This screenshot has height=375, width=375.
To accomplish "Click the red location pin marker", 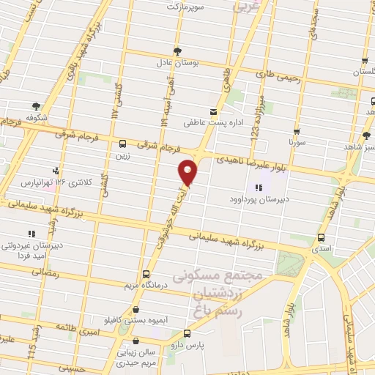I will tap(188, 171).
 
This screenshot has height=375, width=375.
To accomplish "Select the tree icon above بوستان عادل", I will tap(177, 51).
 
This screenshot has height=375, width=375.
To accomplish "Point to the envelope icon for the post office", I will tap(214, 112).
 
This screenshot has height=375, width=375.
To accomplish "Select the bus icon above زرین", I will tap(122, 144).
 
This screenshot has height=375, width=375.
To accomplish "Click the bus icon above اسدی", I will tap(321, 237).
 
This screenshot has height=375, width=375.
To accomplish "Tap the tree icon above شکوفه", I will tap(36, 105).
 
